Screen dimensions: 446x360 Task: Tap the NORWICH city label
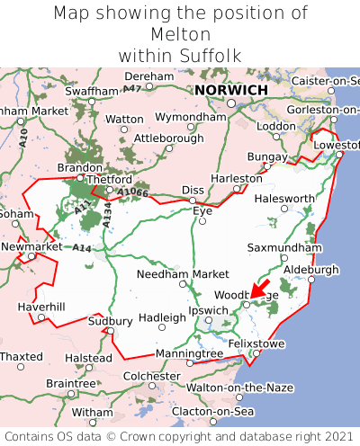[230, 91]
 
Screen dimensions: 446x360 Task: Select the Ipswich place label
[208, 310]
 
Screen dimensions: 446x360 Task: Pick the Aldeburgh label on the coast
[310, 269]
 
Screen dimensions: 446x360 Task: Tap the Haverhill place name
[41, 307]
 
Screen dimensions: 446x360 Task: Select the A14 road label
[82, 247]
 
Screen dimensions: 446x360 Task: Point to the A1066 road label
[131, 192]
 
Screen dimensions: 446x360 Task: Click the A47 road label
[132, 88]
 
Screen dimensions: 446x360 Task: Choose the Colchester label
[152, 376]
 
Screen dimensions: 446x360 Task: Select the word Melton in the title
[180, 34]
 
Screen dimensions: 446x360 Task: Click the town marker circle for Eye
[202, 221]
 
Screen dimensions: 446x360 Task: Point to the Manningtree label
[190, 354]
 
